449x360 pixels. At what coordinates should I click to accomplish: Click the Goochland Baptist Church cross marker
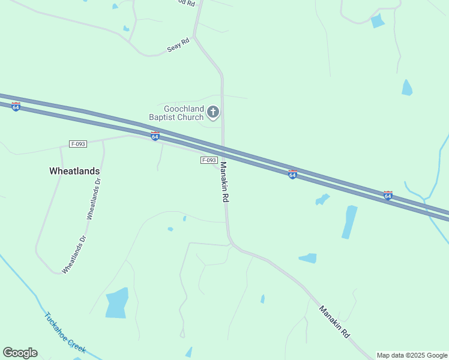(x=213, y=112)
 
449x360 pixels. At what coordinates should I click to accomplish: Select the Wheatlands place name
(x=74, y=171)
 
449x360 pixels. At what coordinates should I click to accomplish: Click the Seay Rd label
(x=178, y=45)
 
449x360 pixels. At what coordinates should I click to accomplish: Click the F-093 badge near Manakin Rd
(x=209, y=160)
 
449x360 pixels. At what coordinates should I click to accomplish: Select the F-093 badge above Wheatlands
(x=78, y=144)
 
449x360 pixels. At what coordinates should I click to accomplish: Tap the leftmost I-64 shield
(x=16, y=106)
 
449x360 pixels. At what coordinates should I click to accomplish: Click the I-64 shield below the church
(x=155, y=136)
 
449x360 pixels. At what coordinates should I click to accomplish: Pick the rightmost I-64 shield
(x=388, y=195)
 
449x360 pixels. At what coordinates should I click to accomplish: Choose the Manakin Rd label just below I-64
(x=224, y=181)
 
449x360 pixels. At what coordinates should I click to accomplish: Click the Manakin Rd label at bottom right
(x=334, y=322)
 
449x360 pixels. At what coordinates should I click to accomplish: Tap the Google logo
(x=20, y=353)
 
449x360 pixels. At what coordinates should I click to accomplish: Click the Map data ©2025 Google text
(x=412, y=355)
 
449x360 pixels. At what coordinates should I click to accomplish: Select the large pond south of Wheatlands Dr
(x=116, y=302)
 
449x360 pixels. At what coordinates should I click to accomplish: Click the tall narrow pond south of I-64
(x=349, y=222)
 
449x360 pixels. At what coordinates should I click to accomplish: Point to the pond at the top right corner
(x=378, y=21)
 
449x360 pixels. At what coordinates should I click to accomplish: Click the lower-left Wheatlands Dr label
(x=74, y=254)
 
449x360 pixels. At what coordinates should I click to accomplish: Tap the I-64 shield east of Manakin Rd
(x=292, y=174)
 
